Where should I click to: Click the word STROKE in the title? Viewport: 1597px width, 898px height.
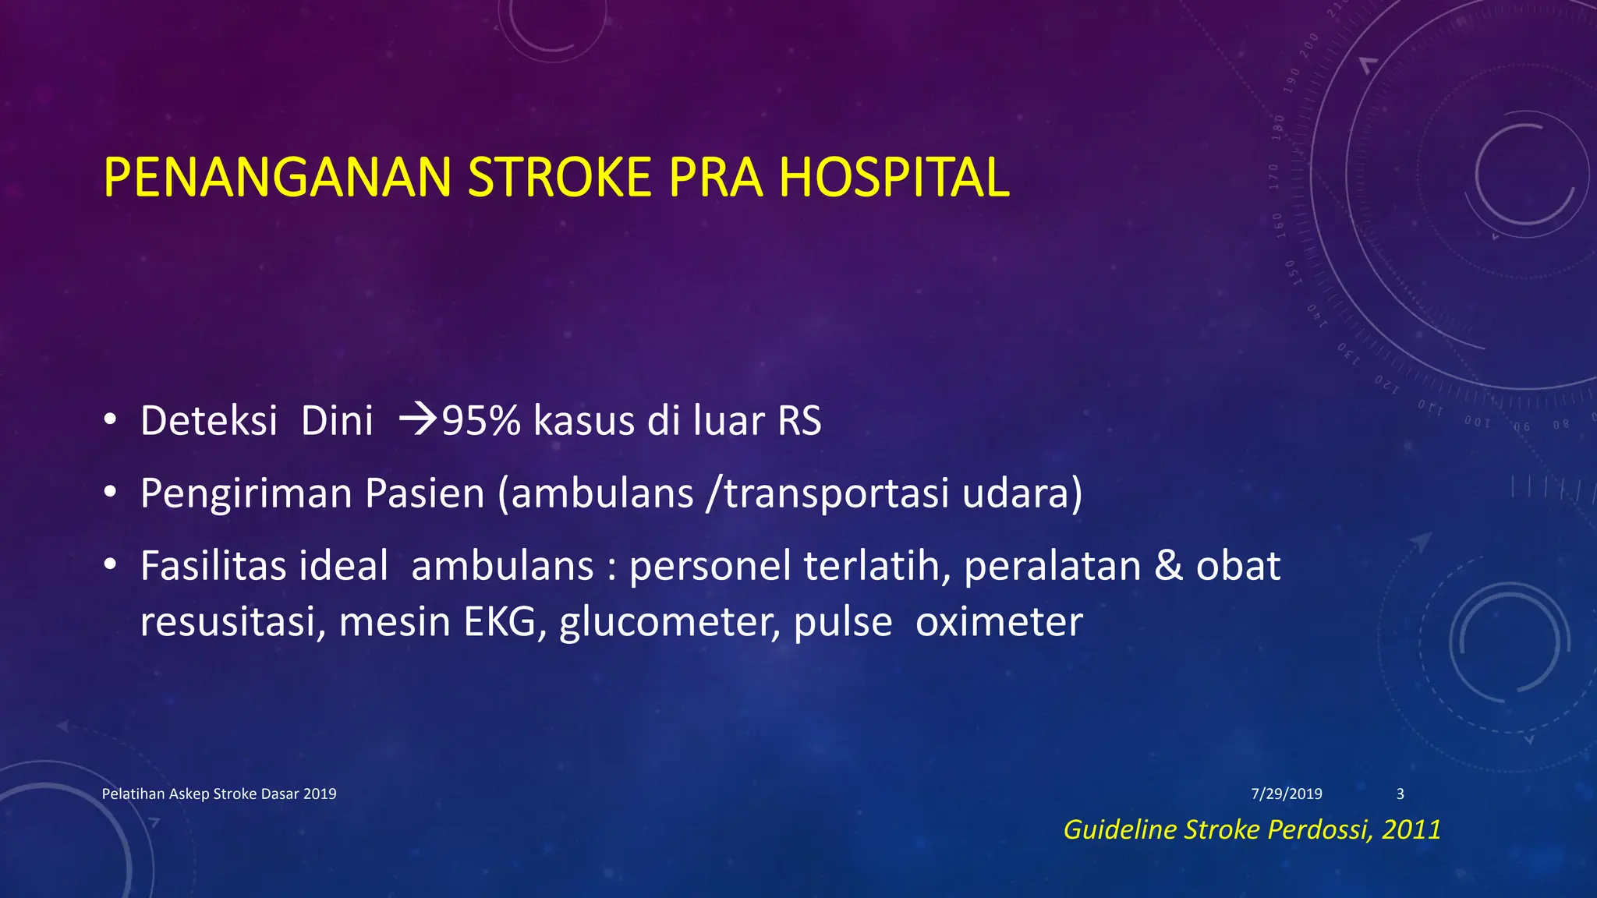(x=558, y=178)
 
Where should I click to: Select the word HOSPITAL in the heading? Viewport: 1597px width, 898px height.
(x=894, y=178)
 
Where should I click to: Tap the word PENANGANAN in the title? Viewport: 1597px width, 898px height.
(x=277, y=178)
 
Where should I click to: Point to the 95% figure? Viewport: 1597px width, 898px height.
(x=481, y=421)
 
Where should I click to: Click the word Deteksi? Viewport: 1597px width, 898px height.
(x=209, y=421)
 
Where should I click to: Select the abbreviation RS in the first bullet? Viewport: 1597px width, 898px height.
(x=799, y=421)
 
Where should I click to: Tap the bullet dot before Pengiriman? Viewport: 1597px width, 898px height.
(x=110, y=493)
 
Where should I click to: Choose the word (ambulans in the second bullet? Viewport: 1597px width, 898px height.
(x=596, y=493)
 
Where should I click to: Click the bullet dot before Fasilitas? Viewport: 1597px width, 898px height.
(x=110, y=565)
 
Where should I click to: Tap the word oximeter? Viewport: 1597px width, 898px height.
(x=999, y=622)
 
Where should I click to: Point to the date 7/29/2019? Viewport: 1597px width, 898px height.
(x=1287, y=794)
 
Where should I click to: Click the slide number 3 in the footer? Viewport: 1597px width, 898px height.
(x=1400, y=794)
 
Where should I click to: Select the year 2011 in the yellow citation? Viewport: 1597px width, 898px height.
(x=1411, y=829)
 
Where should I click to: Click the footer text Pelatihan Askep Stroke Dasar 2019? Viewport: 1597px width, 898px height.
(x=219, y=794)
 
